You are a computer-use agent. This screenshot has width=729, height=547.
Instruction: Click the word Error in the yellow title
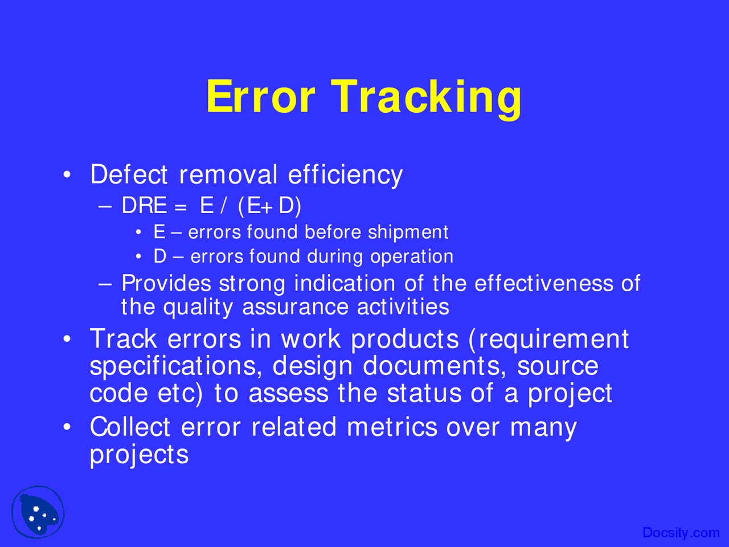pyautogui.click(x=261, y=96)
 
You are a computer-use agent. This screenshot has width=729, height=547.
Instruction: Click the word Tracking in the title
pyautogui.click(x=426, y=99)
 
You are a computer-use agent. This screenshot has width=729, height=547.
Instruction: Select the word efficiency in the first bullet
pyautogui.click(x=345, y=175)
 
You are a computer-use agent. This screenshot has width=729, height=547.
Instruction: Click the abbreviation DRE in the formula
pyautogui.click(x=144, y=205)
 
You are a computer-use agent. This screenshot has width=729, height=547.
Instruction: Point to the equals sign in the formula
pyautogui.click(x=181, y=207)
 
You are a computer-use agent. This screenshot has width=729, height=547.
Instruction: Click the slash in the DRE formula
pyautogui.click(x=223, y=205)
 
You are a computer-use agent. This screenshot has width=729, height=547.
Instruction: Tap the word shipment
pyautogui.click(x=408, y=232)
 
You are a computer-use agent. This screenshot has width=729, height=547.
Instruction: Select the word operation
pyautogui.click(x=412, y=257)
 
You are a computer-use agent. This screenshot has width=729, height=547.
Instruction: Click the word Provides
pyautogui.click(x=166, y=283)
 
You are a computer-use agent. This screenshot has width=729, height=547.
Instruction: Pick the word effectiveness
pyautogui.click(x=544, y=283)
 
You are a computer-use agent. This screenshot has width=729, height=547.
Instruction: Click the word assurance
pyautogui.click(x=295, y=307)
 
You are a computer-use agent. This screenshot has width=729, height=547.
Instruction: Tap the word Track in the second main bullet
pyautogui.click(x=123, y=339)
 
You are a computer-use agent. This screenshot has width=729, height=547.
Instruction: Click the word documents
pyautogui.click(x=435, y=366)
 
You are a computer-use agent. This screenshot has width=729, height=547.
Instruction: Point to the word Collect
pyautogui.click(x=130, y=427)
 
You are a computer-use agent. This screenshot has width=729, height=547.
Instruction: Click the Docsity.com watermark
pyautogui.click(x=681, y=533)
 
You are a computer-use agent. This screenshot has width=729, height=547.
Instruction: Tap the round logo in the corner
pyautogui.click(x=38, y=512)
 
